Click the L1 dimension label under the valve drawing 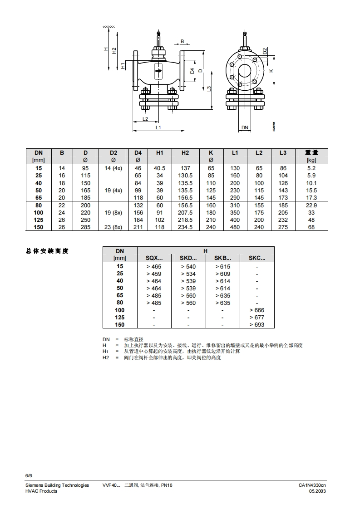pos(158,128)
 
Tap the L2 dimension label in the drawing pos(145,119)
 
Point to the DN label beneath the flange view pos(245,128)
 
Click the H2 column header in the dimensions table pos(185,153)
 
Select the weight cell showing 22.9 pos(311,205)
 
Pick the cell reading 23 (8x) pos(113,227)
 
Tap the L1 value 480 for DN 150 pos(235,227)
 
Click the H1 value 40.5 pos(160,168)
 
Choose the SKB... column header pos(222,258)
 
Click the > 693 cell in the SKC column pos(257,324)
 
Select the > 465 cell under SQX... pos(154,266)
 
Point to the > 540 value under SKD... pos(188,266)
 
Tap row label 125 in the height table pos(120,317)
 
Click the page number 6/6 pos(29,475)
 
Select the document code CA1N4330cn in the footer pos(312,485)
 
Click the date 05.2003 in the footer pos(318,491)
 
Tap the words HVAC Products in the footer pos(41,491)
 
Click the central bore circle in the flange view pos(245,71)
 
